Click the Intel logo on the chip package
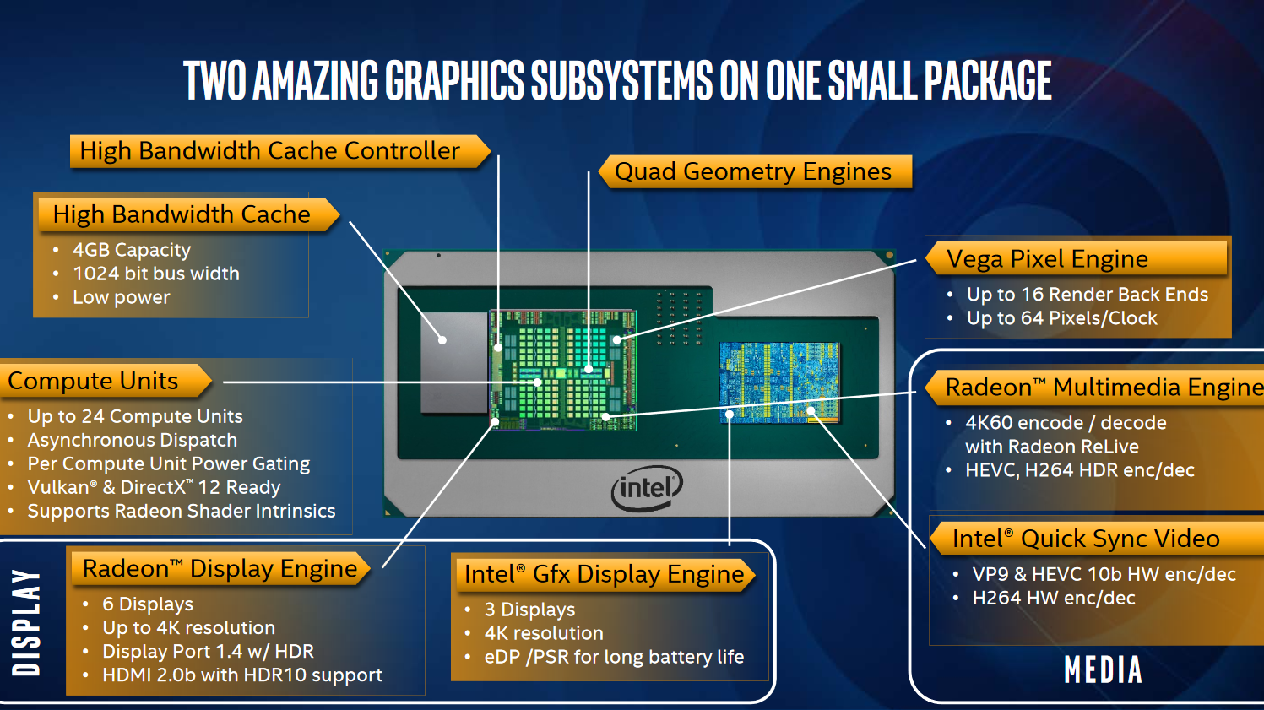click(x=647, y=488)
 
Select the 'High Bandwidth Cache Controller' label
click(x=270, y=150)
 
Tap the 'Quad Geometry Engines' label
click(x=753, y=171)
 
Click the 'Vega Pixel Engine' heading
click(x=1047, y=259)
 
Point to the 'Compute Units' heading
click(x=93, y=381)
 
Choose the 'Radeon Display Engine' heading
click(x=220, y=568)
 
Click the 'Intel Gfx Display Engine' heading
click(x=604, y=574)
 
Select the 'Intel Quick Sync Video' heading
click(x=1086, y=539)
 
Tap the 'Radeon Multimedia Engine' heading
click(x=1104, y=388)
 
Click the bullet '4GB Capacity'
click(x=132, y=250)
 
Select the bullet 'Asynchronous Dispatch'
click(x=132, y=440)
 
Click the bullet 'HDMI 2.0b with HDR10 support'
click(x=242, y=675)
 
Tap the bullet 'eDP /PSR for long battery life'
click(x=614, y=657)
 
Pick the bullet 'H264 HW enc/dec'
click(x=1054, y=599)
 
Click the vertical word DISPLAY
click(x=26, y=622)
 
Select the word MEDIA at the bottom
click(x=1104, y=670)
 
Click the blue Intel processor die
click(x=779, y=382)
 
